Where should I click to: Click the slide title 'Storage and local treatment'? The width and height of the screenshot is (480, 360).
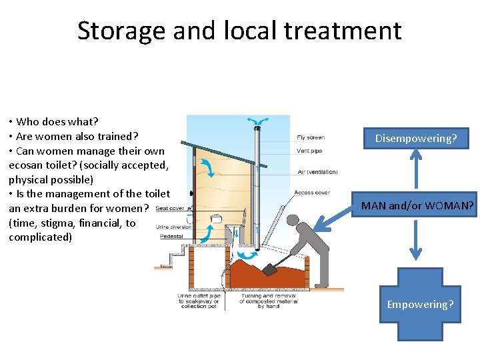click(x=239, y=31)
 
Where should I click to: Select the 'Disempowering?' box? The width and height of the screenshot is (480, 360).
click(x=416, y=139)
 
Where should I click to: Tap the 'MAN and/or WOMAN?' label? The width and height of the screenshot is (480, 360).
click(x=417, y=206)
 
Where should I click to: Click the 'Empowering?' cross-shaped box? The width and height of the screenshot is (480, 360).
click(x=420, y=304)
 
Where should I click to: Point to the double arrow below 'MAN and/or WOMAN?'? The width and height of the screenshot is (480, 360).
click(x=416, y=239)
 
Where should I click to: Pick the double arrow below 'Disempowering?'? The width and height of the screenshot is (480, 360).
click(x=416, y=170)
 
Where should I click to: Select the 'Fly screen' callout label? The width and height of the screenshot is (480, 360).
click(x=311, y=138)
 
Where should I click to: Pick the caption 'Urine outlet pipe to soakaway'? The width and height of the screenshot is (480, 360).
click(x=198, y=301)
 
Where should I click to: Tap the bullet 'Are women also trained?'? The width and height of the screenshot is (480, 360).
click(x=73, y=136)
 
